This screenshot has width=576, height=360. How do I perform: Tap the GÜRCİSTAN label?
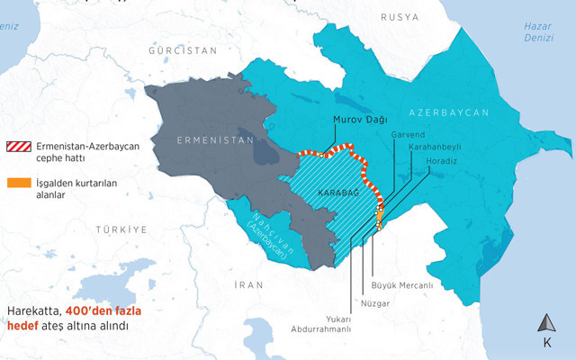pos(184,50)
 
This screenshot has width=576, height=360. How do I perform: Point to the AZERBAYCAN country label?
pos(448,113)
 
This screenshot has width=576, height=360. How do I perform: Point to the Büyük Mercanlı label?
pos(402,285)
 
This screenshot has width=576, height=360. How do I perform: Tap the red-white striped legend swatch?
pos(17,147)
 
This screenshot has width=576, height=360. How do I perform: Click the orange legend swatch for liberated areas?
pos(17,183)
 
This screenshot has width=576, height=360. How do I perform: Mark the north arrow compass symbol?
pos(546,324)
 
